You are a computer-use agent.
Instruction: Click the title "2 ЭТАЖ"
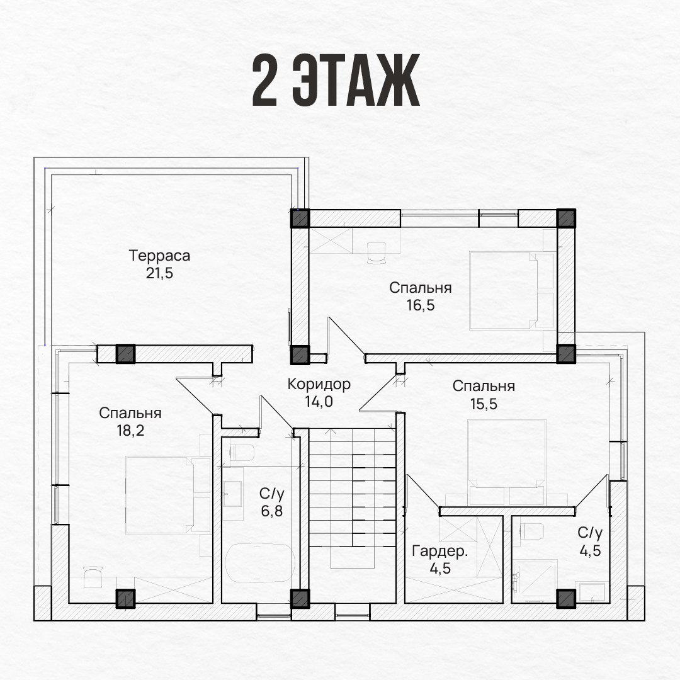point(336,80)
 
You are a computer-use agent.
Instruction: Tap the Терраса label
point(159,256)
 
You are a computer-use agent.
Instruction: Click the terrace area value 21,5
point(159,273)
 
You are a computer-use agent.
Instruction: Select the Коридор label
point(319,384)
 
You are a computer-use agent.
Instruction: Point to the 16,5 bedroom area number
point(420,305)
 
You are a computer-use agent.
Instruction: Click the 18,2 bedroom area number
point(130,430)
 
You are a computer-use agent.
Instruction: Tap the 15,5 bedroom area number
point(484,404)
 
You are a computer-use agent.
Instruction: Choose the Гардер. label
point(439,551)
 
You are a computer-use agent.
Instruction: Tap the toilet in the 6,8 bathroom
point(242,452)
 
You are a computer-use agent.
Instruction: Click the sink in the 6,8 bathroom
point(232,494)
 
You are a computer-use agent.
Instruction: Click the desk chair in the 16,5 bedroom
point(377,252)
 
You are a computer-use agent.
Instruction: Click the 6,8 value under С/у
point(272,511)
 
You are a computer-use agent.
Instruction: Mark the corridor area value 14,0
point(319,402)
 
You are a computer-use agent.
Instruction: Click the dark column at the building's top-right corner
point(566,218)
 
